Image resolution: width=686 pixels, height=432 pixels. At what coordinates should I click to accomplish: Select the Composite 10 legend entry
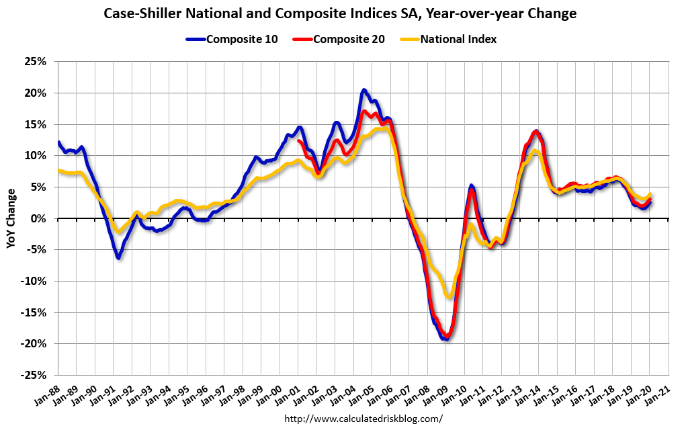[224, 39]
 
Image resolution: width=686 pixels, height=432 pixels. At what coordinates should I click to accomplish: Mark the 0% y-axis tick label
[40, 218]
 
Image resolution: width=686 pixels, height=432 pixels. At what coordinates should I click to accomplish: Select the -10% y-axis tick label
[35, 281]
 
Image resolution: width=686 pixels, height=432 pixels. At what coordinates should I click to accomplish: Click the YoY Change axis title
[11, 219]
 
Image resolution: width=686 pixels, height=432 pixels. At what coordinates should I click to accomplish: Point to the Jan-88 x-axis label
[44, 390]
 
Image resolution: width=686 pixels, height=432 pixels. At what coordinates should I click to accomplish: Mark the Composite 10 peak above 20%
[363, 89]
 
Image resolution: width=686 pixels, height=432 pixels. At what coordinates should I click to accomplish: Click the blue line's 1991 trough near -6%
[118, 257]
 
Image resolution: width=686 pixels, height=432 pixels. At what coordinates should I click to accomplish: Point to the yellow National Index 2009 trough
[449, 297]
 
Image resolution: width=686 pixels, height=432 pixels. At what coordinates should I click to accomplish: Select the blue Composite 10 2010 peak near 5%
[472, 185]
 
